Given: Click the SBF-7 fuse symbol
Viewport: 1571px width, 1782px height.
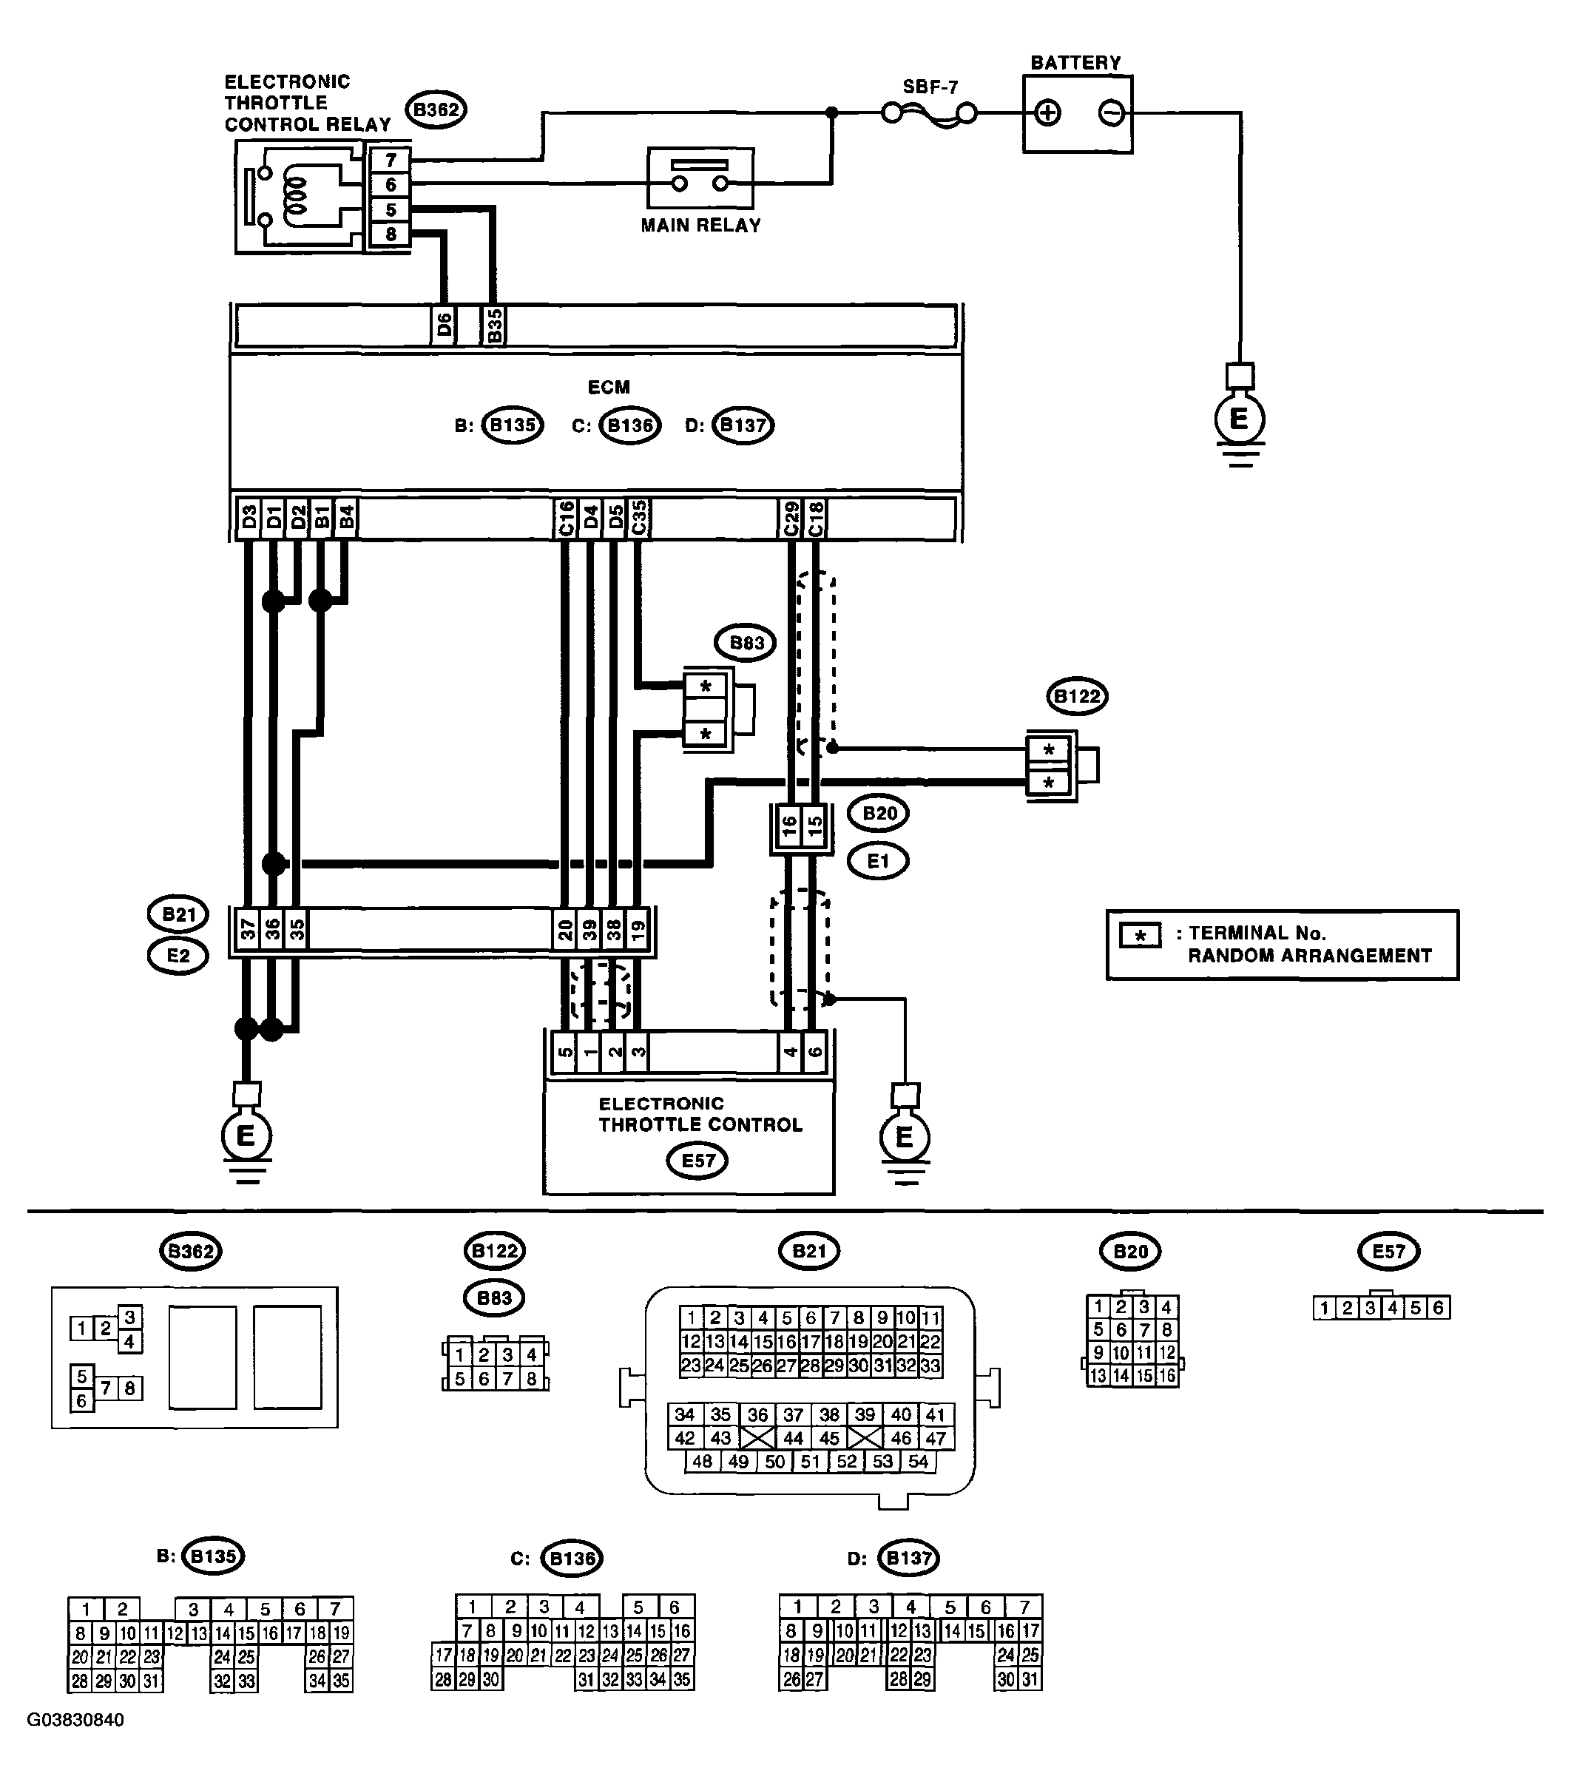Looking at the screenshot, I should tap(929, 113).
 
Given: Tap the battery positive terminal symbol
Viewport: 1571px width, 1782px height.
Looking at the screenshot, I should tap(1047, 113).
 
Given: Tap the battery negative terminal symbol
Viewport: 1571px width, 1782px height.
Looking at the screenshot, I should tap(1111, 113).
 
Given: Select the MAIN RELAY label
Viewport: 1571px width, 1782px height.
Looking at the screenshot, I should tap(701, 226).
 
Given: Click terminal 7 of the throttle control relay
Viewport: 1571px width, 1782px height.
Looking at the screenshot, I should tap(391, 161).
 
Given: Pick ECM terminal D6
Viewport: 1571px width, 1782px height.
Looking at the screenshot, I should tap(444, 326).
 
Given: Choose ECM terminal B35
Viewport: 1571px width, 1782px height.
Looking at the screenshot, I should tap(493, 326).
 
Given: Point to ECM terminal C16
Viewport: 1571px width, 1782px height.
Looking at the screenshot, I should tap(565, 519).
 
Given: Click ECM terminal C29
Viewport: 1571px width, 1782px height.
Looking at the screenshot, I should tap(791, 519).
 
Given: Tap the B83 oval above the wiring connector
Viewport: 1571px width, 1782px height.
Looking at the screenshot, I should tap(746, 644).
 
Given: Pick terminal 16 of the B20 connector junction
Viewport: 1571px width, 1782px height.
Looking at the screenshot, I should tap(789, 826).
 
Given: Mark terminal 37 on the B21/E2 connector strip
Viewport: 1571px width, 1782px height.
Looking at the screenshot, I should tap(249, 931).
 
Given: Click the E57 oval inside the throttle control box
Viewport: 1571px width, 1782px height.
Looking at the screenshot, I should tap(697, 1161).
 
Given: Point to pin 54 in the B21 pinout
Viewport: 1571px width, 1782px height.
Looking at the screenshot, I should tap(918, 1462).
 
